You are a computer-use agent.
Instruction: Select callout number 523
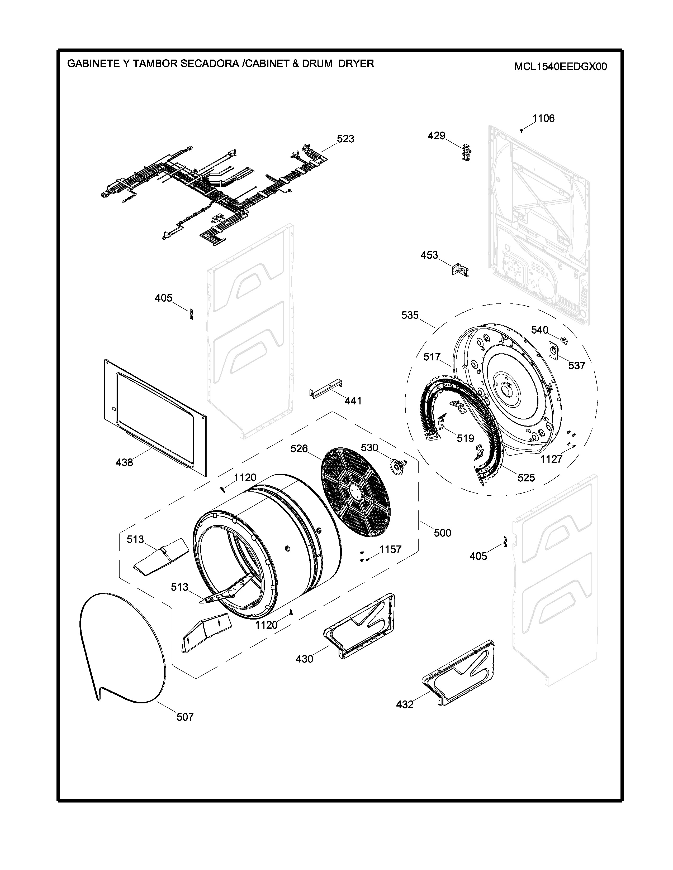pos(345,139)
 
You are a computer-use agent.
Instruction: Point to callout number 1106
pos(543,118)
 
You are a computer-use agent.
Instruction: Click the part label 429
pos(437,136)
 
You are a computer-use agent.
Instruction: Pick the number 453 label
pos(429,255)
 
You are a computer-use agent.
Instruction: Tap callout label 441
pos(353,401)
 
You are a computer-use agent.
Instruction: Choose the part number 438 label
pos(124,462)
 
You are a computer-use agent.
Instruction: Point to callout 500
pos(443,533)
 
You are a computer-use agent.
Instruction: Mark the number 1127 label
pos(551,459)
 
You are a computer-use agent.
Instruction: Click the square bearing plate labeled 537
pos(554,350)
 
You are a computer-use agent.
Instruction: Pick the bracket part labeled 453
pos(460,270)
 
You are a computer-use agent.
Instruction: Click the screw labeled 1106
pos(522,131)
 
